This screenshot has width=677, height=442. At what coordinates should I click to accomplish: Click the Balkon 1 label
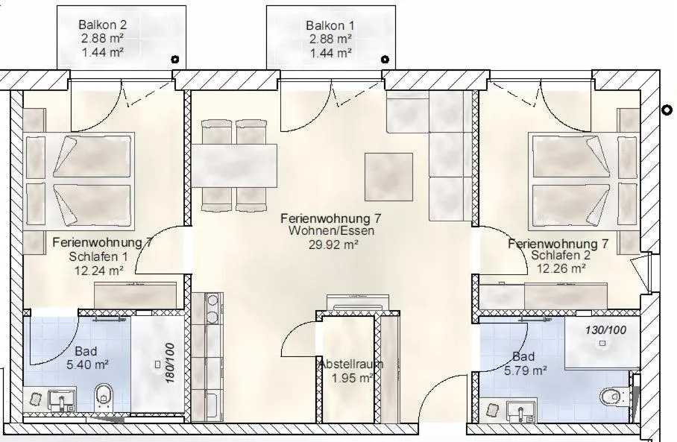click(x=330, y=25)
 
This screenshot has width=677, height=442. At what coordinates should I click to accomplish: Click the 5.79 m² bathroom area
click(x=525, y=370)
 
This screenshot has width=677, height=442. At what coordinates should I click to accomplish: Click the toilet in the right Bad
click(x=612, y=396)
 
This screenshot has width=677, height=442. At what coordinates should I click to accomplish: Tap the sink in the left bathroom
click(x=60, y=400)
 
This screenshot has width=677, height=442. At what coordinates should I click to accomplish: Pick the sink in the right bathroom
click(x=520, y=409)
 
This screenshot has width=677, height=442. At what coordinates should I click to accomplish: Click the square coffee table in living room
click(x=388, y=177)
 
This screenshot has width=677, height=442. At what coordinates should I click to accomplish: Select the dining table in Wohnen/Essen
click(x=234, y=165)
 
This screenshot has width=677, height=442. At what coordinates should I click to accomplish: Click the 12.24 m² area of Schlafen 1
click(x=98, y=271)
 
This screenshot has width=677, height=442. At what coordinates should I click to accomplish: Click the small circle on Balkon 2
click(x=174, y=59)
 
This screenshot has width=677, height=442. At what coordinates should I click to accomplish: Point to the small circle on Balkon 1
click(x=385, y=59)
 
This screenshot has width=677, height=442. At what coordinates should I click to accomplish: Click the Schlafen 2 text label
click(x=561, y=256)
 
